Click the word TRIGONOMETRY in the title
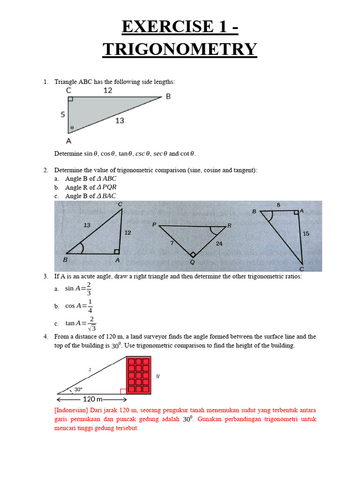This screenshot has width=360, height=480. pyautogui.click(x=180, y=49)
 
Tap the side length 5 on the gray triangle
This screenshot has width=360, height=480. pyautogui.click(x=62, y=114)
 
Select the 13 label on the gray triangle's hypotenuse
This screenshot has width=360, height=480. pyautogui.click(x=120, y=120)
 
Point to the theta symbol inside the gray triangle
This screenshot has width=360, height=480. pyautogui.click(x=72, y=127)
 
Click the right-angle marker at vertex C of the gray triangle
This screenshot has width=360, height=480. pyautogui.click(x=71, y=99)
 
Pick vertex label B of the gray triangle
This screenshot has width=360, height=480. pyautogui.click(x=168, y=97)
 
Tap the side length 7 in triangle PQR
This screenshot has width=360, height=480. pyautogui.click(x=172, y=242)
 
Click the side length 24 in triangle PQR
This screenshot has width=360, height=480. pyautogui.click(x=219, y=243)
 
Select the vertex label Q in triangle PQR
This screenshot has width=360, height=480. pyautogui.click(x=192, y=262)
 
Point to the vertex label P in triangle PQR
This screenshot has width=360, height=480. pyautogui.click(x=154, y=225)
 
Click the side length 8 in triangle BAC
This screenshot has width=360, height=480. pyautogui.click(x=278, y=205)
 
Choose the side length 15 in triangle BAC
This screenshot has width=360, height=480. pyautogui.click(x=306, y=233)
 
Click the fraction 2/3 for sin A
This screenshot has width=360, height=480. pyautogui.click(x=89, y=289)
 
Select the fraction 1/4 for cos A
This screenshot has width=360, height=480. pyautogui.click(x=90, y=306)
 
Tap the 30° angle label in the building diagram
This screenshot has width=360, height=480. pyautogui.click(x=78, y=389)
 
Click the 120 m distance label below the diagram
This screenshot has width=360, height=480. pyautogui.click(x=93, y=399)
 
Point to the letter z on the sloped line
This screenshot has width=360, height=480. pyautogui.click(x=90, y=369)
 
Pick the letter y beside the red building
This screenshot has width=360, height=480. pyautogui.click(x=157, y=375)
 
